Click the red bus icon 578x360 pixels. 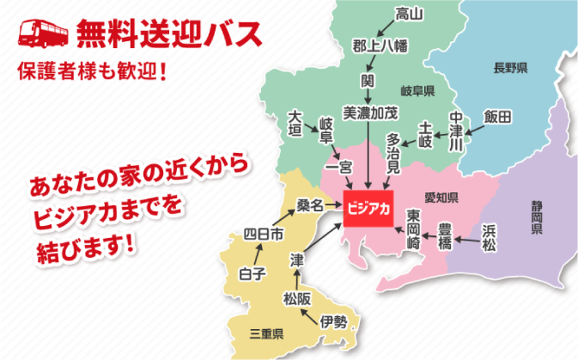pyautogui.click(x=44, y=32)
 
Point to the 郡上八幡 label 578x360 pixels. pyautogui.click(x=381, y=46)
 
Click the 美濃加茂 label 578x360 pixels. pyautogui.click(x=370, y=112)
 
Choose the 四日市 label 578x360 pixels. pyautogui.click(x=264, y=234)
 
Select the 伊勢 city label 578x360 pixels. pyautogui.click(x=334, y=321)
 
